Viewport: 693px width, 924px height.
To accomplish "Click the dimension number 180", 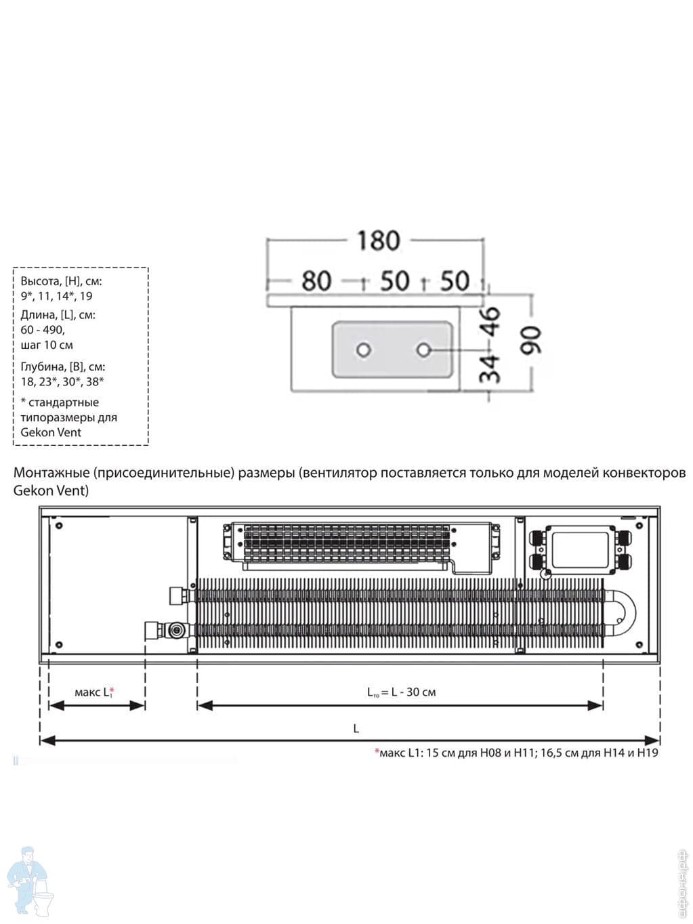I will (x=379, y=240).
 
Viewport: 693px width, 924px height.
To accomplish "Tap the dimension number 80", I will (x=316, y=280).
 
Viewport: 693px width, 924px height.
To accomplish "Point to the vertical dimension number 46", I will (x=491, y=321).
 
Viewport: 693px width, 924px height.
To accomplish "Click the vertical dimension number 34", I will (x=491, y=368).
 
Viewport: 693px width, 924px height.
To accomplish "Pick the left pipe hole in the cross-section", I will (x=364, y=350).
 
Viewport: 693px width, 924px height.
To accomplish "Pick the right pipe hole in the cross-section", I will (x=424, y=350).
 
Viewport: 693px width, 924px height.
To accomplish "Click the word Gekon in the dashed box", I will (x=36, y=432).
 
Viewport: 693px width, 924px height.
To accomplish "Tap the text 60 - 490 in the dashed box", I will (x=43, y=330).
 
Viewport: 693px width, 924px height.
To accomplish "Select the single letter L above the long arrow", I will (x=356, y=729).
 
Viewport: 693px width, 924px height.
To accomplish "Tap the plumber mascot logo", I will (x=30, y=881).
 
